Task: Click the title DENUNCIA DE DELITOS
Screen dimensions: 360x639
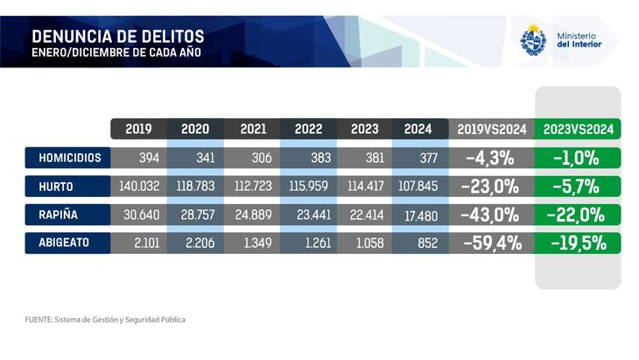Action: (x=117, y=36)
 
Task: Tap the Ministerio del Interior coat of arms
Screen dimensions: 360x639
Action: (x=533, y=40)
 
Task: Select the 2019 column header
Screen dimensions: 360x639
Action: (x=138, y=129)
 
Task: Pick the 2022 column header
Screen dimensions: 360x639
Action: (x=308, y=129)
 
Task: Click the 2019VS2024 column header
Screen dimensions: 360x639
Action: (x=492, y=129)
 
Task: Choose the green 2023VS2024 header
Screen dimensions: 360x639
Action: (x=578, y=129)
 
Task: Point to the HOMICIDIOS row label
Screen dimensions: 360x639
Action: (x=69, y=159)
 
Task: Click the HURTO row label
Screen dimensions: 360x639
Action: (x=69, y=187)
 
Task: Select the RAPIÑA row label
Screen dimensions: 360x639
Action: (x=69, y=215)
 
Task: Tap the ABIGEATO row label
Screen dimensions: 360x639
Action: (x=69, y=243)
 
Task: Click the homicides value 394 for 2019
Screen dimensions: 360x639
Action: (x=138, y=159)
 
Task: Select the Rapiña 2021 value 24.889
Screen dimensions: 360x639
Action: (x=251, y=215)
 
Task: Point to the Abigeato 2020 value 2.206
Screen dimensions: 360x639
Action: (x=195, y=243)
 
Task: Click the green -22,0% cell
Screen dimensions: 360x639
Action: (x=578, y=215)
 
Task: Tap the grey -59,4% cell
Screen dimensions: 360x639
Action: (x=492, y=243)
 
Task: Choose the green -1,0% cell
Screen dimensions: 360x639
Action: (x=578, y=159)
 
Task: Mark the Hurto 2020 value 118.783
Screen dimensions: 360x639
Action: (x=195, y=187)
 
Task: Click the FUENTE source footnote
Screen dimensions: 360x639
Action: (x=105, y=320)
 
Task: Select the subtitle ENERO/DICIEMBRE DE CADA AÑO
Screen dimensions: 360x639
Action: (x=116, y=53)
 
